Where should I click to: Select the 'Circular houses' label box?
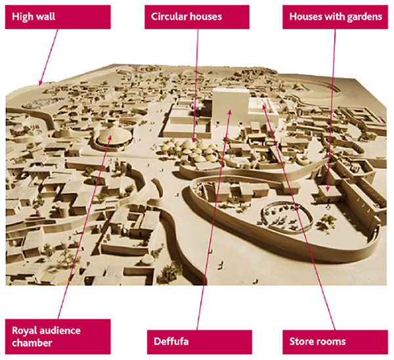point(197,16)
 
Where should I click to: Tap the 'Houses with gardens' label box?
point(335,16)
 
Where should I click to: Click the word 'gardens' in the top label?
point(366,16)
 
